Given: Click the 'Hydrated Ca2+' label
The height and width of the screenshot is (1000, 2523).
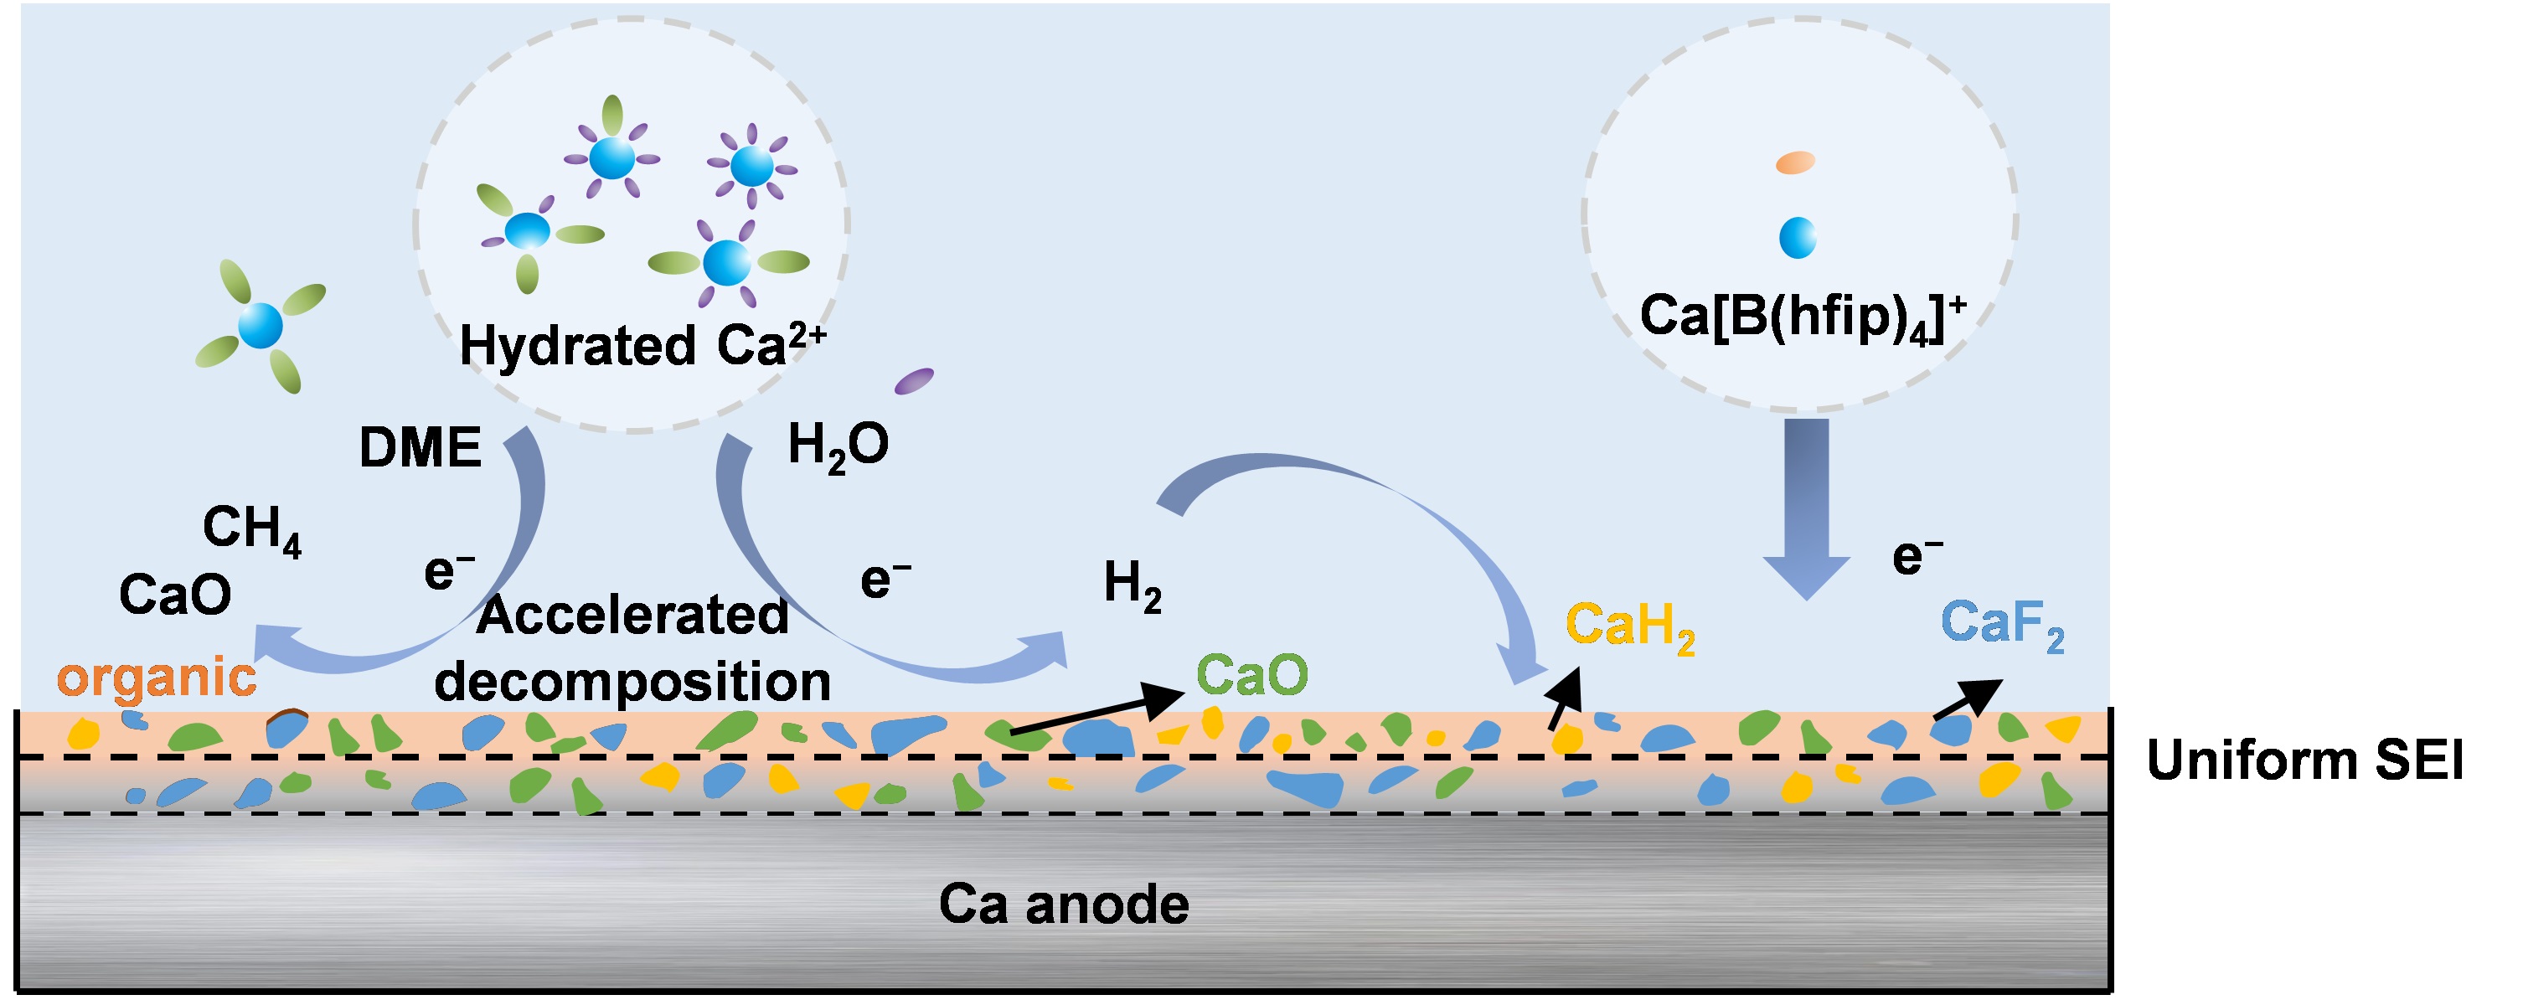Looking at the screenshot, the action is click(x=642, y=345).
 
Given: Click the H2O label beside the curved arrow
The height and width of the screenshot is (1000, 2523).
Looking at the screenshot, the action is click(x=838, y=446).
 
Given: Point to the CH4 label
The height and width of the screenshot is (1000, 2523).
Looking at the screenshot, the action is click(x=251, y=530).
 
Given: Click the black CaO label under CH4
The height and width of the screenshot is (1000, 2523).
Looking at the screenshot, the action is click(x=175, y=594).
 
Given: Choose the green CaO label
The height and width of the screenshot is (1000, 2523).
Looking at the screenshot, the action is click(x=1251, y=675).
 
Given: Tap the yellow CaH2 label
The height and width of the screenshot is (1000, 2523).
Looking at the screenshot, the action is click(x=1630, y=626).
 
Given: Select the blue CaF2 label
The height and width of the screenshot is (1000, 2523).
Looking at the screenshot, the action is click(x=2002, y=624).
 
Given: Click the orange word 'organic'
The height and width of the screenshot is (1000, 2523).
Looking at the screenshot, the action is click(x=157, y=678).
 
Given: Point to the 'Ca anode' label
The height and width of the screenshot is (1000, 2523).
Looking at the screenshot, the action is click(x=1064, y=903).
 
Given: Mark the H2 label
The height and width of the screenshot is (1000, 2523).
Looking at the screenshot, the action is click(x=1133, y=585).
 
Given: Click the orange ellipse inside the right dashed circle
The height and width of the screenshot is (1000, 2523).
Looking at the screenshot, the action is click(x=1795, y=162).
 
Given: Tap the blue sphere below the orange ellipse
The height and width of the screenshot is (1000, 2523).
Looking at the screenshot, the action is click(x=1798, y=238).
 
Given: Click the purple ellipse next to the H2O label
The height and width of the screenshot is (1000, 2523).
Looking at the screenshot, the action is click(x=914, y=380).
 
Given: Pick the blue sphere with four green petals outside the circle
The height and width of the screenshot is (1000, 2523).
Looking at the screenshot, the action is click(x=261, y=325).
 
